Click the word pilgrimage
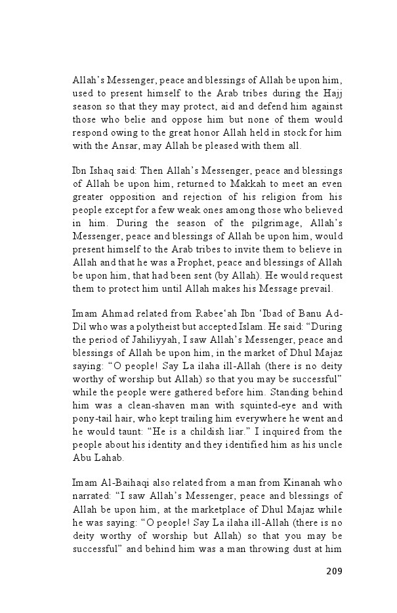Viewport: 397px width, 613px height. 237,222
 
